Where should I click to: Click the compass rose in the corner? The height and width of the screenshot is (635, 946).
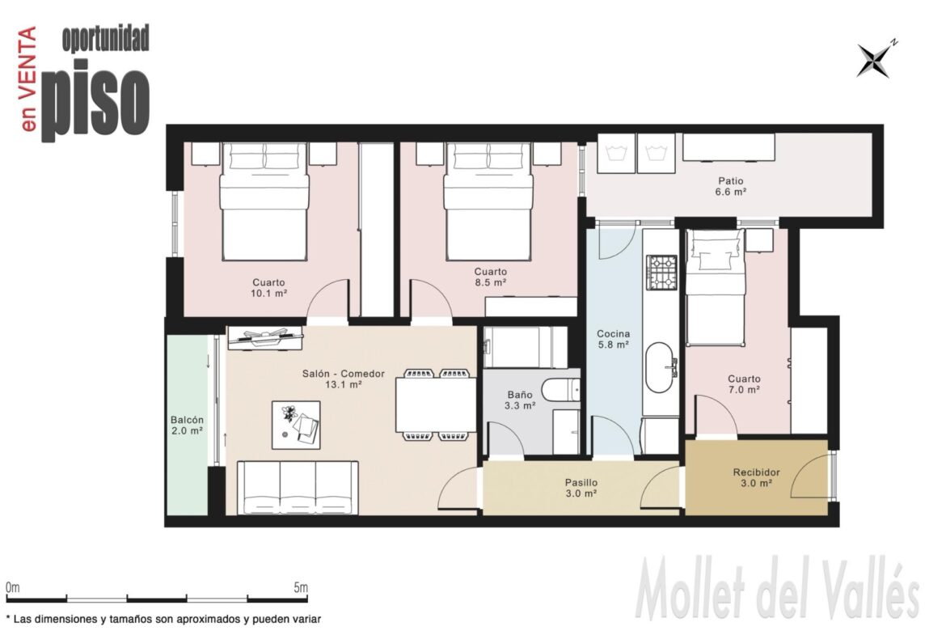coord(873,61)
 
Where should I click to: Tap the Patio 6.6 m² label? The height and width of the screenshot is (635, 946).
coord(731,186)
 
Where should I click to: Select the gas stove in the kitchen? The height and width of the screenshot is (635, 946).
coord(662,273)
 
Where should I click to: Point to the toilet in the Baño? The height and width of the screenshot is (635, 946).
coord(560,390)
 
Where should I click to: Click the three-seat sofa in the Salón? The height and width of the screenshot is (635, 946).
coord(298,488)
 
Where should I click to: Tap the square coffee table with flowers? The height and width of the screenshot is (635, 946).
coord(296,425)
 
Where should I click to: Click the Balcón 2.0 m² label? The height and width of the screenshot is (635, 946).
coord(187,425)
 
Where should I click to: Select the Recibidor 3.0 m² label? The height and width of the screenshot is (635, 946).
coord(757,477)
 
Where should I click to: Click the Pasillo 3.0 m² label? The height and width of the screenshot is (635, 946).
coord(581,488)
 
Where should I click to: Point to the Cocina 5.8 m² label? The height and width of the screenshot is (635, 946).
coord(614,339)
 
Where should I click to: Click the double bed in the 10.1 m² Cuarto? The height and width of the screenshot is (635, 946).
coord(264,201)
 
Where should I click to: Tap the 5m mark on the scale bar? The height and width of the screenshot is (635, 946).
coord(301,587)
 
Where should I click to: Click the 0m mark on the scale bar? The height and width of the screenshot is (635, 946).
coord(13,587)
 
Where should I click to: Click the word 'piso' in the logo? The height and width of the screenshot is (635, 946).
coord(95,99)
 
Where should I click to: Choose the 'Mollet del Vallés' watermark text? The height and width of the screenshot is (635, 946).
coord(778,589)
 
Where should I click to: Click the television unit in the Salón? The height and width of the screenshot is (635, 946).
coord(265,338)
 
